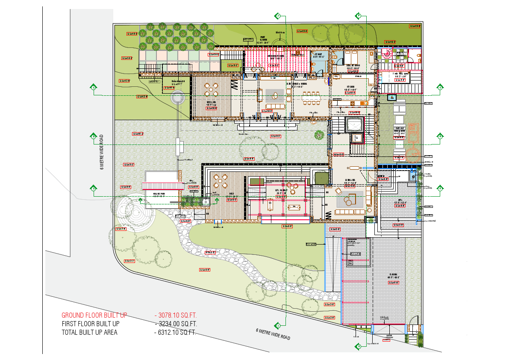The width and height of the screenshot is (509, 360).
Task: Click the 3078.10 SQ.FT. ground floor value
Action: tap(175, 316)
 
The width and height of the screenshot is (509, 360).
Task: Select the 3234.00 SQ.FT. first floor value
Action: tap(175, 324)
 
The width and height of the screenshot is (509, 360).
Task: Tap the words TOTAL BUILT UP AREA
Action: tap(89, 332)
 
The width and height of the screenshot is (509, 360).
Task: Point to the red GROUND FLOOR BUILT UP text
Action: tap(94, 316)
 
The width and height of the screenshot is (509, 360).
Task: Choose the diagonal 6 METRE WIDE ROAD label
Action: tap(273, 334)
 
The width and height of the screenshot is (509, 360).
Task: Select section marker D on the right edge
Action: tap(441, 136)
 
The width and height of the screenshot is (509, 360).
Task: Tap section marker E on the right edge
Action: tap(441, 188)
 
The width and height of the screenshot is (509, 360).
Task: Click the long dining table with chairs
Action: tap(311, 97)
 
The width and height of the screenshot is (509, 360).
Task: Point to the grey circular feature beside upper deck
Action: tap(177, 97)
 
